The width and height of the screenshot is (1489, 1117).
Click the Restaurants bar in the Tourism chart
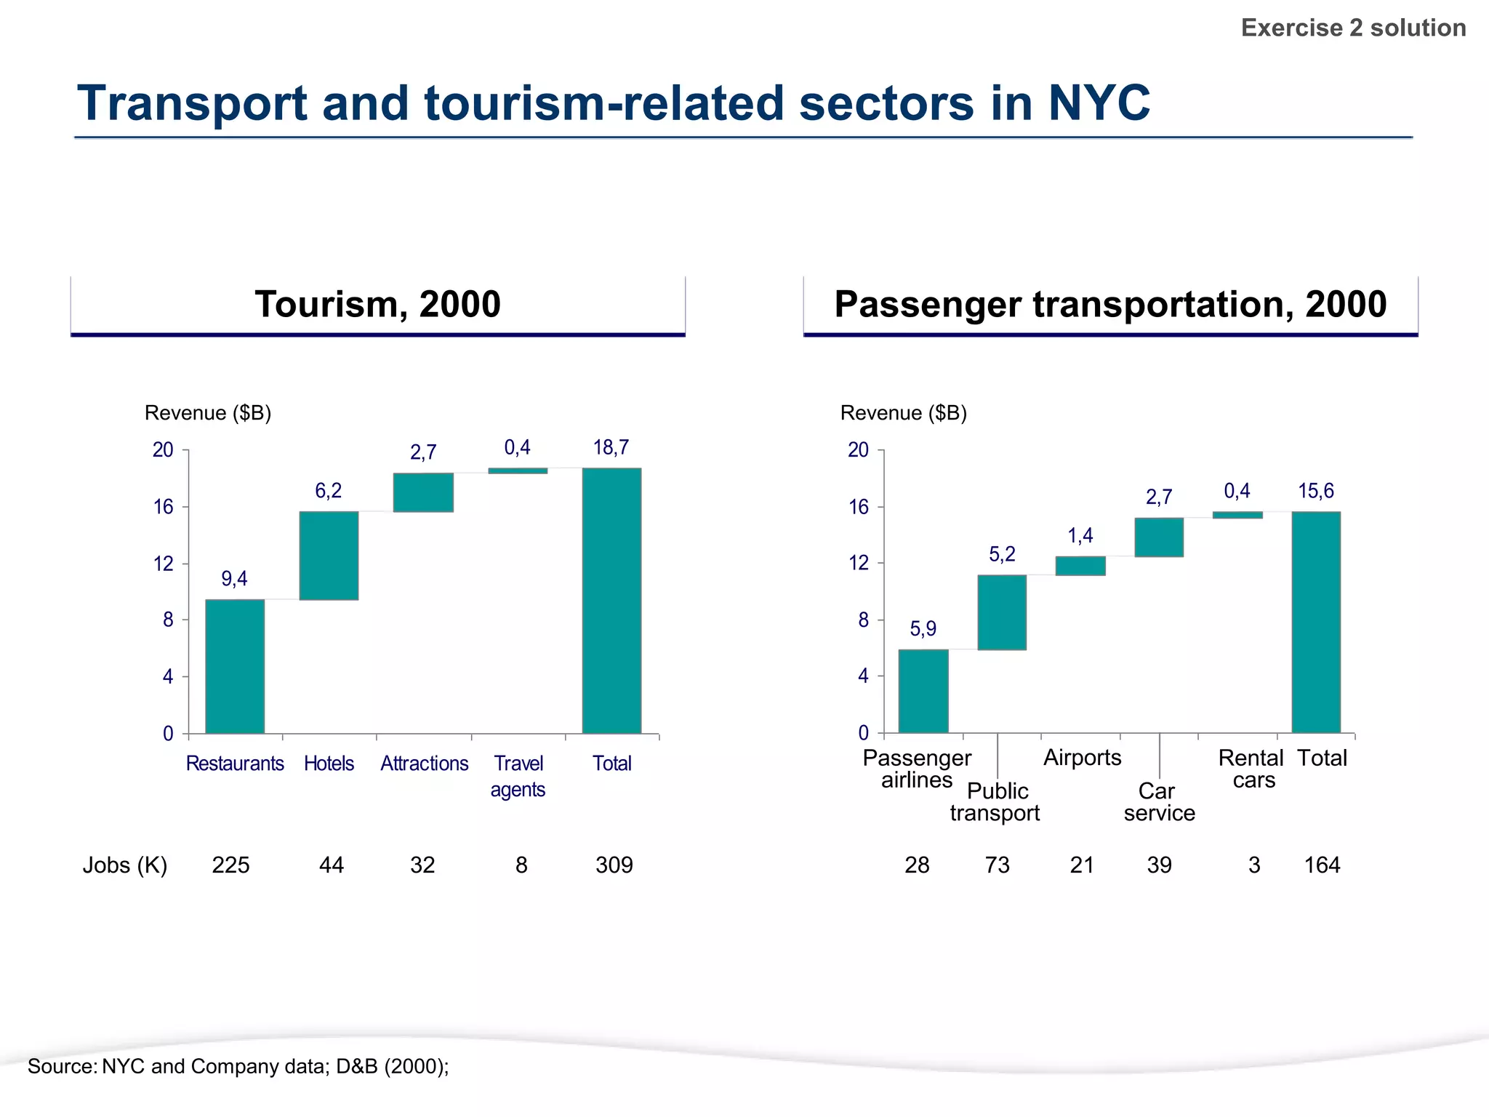235,665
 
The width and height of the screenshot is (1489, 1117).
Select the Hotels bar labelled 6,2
329,556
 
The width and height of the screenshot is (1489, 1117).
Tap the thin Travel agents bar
518,471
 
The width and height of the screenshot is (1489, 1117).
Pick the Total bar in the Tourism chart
611,600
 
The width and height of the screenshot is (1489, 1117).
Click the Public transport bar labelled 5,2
1002,612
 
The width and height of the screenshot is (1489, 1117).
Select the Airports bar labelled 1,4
1080,566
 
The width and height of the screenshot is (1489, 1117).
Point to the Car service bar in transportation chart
1159,537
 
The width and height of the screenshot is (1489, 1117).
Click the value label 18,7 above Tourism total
611,447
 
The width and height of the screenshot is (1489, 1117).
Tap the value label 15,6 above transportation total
1316,491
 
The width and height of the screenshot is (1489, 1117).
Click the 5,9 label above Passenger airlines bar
923,628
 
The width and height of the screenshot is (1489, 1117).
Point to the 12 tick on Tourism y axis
164,564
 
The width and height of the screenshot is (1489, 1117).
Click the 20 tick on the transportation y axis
859,450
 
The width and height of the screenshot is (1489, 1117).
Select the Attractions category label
425,764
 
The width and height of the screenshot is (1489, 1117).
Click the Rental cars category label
1251,769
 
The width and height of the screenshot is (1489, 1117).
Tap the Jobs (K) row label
125,865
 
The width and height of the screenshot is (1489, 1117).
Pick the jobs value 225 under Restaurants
230,865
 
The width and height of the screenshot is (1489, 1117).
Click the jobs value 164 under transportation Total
1322,865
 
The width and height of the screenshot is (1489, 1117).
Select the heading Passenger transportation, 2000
1110,304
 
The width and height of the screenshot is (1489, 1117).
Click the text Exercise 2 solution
1353,28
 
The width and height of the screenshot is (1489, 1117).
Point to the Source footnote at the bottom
238,1066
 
